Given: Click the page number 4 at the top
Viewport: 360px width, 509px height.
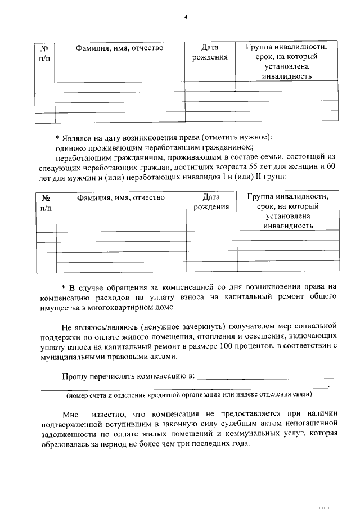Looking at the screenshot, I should click(186, 17).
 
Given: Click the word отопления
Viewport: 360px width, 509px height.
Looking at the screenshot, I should click(214, 336).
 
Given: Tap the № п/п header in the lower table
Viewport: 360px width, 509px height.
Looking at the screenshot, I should click(46, 202).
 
